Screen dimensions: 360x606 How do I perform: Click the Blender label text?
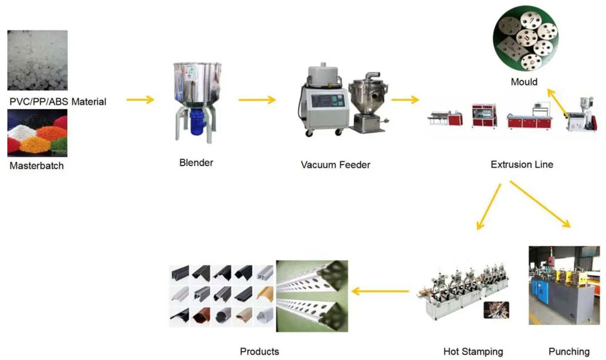[x=196, y=162]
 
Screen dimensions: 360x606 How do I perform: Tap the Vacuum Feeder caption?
[x=335, y=164]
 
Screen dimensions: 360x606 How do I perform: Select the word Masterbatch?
[x=36, y=165]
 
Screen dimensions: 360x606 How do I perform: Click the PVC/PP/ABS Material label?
[x=58, y=101]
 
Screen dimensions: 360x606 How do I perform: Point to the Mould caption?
[x=524, y=82]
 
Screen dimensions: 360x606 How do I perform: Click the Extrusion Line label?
[x=521, y=164]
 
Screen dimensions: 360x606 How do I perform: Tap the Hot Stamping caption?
[x=473, y=351]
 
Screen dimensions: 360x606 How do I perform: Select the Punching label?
[x=568, y=351]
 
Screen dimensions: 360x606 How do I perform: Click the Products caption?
[x=259, y=351]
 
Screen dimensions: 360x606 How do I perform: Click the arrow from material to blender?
[x=140, y=99]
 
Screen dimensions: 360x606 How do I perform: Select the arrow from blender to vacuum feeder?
[x=257, y=99]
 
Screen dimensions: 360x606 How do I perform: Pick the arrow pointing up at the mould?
[x=558, y=102]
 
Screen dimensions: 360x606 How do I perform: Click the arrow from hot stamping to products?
[x=381, y=292]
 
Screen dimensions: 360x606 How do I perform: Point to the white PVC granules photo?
[x=37, y=61]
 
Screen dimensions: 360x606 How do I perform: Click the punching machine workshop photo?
[x=563, y=285]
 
